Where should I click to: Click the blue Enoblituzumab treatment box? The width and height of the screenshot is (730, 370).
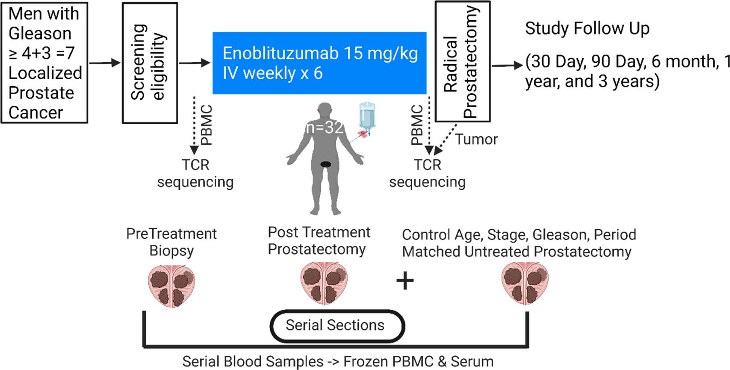(319, 63)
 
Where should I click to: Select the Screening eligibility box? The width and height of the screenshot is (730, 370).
(150, 63)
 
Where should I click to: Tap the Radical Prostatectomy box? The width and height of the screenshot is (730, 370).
(462, 61)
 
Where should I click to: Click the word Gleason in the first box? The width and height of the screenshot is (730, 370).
(40, 33)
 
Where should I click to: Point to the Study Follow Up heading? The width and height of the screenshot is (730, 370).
(587, 29)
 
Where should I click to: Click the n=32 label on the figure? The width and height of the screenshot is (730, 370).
(325, 128)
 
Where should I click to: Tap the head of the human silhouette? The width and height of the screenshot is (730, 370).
(325, 111)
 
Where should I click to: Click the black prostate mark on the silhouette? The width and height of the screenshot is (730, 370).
(325, 164)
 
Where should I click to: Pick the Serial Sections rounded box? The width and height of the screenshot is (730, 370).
(337, 325)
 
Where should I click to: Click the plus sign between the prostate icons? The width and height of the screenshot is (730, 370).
(405, 281)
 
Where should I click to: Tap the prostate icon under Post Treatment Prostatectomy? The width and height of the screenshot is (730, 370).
(324, 283)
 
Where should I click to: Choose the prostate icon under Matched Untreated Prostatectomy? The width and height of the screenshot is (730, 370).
(524, 283)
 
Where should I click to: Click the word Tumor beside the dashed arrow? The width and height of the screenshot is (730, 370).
(476, 140)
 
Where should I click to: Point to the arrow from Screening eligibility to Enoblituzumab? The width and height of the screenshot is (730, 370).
(195, 63)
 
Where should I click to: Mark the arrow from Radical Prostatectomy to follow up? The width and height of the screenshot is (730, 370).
(507, 65)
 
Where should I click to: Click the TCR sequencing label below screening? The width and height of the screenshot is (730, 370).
(195, 174)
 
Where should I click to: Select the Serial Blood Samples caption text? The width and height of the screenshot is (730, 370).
(338, 362)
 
